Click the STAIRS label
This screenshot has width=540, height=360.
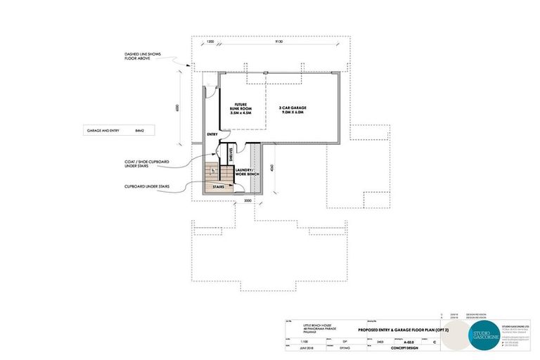point(218,188)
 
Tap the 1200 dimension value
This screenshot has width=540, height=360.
point(210,41)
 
